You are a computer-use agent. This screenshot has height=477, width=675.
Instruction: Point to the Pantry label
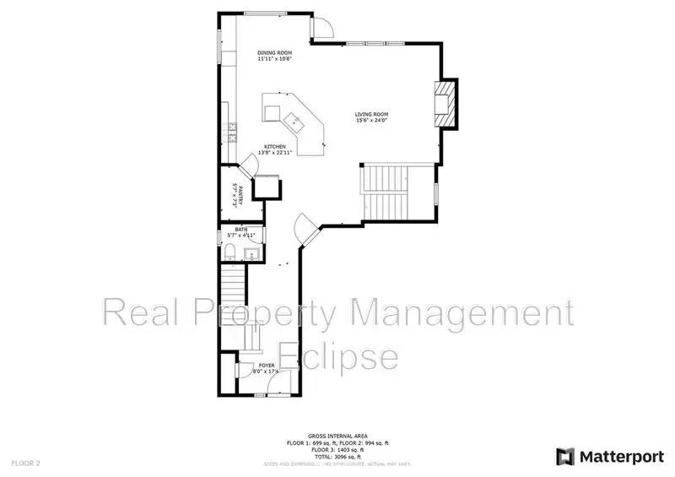coord(239,197)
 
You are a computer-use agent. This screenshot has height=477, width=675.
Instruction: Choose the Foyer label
coord(267,366)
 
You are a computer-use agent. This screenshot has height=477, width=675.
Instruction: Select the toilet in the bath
coord(230,250)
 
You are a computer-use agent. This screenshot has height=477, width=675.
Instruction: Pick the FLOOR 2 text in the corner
coord(25,463)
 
